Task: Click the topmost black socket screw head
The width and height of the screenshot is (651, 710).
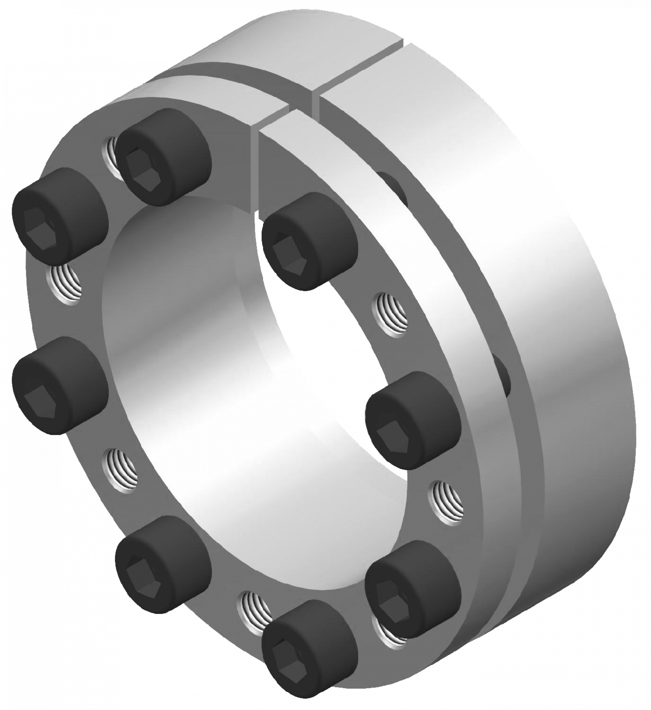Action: point(163,156)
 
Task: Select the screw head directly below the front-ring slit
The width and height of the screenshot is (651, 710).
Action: point(310,242)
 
